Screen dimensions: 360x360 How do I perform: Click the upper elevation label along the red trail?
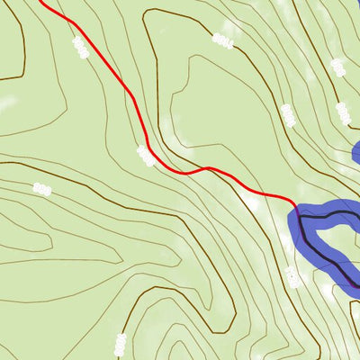click(79, 49)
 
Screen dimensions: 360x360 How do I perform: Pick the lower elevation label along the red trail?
click(145, 156)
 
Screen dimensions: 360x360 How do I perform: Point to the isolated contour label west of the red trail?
click(40, 187)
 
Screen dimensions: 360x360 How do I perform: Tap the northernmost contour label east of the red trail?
click(222, 40)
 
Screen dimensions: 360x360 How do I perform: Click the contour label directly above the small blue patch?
click(343, 112)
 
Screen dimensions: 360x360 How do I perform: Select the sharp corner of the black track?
click(301, 217)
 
